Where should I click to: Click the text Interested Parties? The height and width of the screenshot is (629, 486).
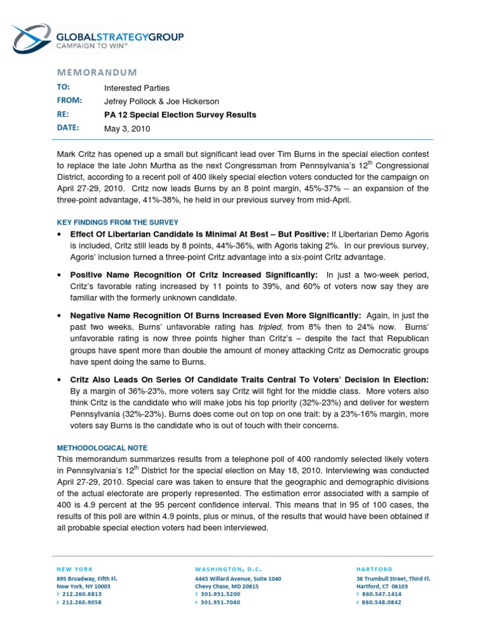pos(137,88)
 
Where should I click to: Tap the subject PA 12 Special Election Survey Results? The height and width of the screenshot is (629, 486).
pos(180,115)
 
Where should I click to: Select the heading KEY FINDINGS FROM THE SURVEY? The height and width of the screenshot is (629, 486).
pos(118,222)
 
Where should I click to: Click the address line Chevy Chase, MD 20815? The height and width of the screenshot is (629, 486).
pos(226,587)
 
